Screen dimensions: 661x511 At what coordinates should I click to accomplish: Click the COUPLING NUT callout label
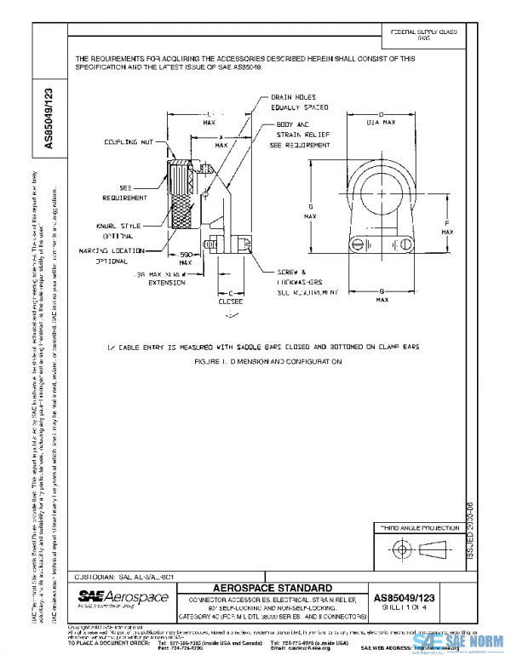point(129,141)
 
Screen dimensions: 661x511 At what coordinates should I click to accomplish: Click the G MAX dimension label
point(312,210)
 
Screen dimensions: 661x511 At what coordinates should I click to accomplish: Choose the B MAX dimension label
point(382,296)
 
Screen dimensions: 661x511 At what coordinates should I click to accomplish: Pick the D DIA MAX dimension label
point(382,118)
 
